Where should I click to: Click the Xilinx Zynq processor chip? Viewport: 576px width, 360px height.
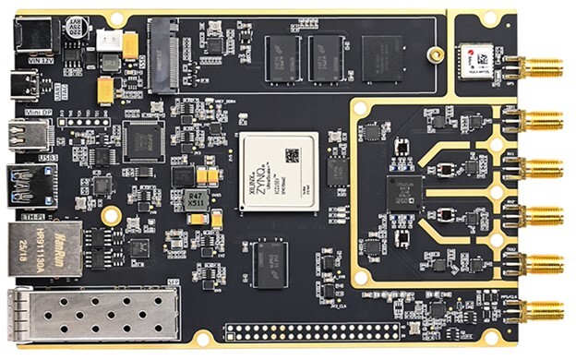pyautogui.click(x=278, y=174)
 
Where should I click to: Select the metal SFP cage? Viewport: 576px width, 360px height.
pyautogui.click(x=92, y=313)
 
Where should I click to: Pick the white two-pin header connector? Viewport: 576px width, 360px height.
pyautogui.click(x=109, y=41)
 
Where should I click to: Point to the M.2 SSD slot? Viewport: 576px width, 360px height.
pyautogui.click(x=164, y=54)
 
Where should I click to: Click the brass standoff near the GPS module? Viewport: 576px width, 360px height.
pyautogui.click(x=436, y=54)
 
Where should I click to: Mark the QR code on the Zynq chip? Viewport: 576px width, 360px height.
pyautogui.click(x=293, y=155)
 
